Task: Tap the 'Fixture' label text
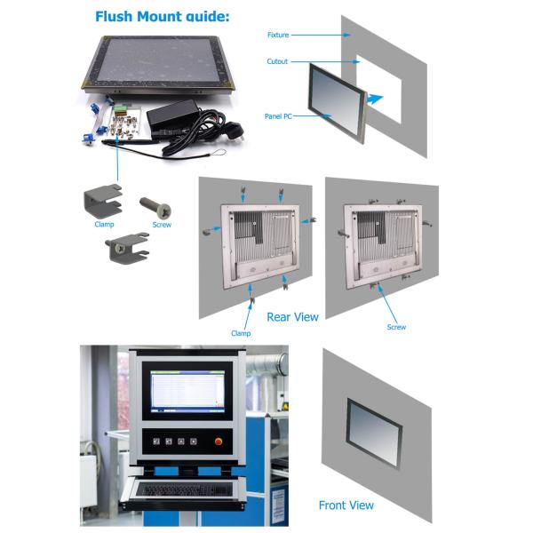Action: click(279, 35)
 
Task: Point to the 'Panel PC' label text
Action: click(280, 116)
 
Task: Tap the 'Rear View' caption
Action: click(292, 316)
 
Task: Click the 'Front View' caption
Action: click(346, 505)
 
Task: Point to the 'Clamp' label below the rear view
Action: click(241, 334)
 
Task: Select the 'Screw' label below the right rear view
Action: click(396, 327)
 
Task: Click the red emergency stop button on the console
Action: click(218, 441)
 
